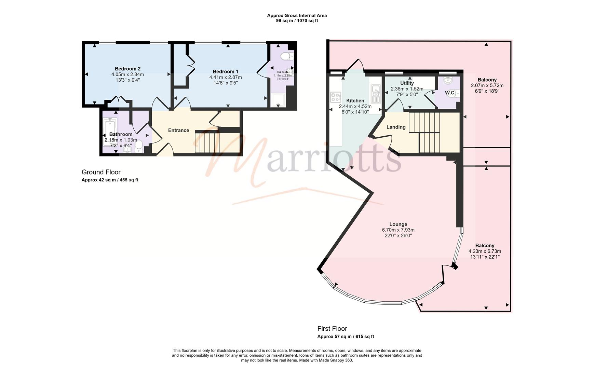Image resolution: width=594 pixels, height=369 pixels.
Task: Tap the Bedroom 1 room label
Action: tap(226, 71)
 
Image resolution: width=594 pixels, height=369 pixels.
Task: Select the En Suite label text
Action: tap(283, 72)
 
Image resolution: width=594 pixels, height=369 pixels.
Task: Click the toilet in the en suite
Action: tap(286, 56)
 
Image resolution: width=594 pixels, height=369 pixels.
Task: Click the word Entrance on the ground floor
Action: tap(178, 130)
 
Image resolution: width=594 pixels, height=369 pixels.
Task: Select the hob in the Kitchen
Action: tap(335, 97)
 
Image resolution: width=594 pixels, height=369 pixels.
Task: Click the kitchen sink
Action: tap(375, 93)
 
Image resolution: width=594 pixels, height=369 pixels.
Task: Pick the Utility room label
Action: tap(407, 83)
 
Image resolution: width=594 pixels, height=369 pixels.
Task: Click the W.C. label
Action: tap(450, 93)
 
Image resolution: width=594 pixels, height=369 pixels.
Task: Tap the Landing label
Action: tap(396, 127)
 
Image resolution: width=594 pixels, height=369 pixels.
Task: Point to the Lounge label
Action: tap(398, 224)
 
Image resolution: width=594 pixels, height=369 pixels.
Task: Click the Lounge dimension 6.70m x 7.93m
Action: tap(398, 230)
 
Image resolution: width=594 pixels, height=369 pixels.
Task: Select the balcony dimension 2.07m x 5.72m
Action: tap(487, 85)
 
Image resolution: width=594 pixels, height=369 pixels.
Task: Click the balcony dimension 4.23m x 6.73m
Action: tap(485, 251)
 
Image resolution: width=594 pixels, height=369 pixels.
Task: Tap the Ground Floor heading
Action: tap(101, 172)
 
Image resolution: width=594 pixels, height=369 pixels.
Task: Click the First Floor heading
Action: tap(332, 329)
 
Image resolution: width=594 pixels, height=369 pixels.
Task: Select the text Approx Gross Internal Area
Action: tap(297, 15)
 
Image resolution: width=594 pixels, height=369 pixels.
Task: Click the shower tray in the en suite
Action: tap(278, 101)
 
